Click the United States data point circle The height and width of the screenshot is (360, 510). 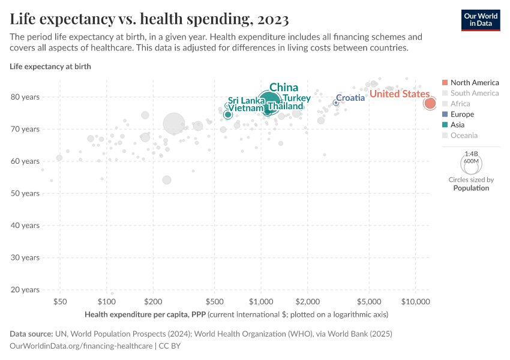click(x=430, y=103)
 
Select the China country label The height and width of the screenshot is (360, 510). click(x=284, y=88)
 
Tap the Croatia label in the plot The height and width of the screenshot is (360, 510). click(x=350, y=98)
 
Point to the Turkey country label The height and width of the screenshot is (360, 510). click(x=296, y=98)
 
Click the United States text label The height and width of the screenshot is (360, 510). click(x=399, y=94)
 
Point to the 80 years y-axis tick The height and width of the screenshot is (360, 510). click(x=25, y=97)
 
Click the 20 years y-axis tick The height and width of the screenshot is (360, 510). click(x=25, y=290)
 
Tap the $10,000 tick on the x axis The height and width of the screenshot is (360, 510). click(x=415, y=301)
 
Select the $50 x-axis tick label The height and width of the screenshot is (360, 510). click(x=60, y=301)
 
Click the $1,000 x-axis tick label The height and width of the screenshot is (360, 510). click(x=261, y=301)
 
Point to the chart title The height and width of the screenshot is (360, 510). click(x=149, y=19)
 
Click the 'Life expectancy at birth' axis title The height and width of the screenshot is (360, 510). click(x=50, y=67)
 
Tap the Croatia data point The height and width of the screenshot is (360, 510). click(x=336, y=103)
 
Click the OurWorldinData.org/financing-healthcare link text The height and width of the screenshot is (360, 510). click(x=82, y=346)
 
